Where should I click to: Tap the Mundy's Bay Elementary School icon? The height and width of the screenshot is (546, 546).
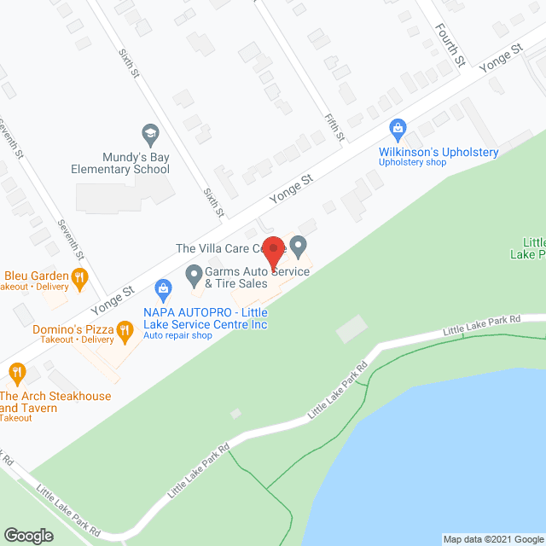pos(150,134)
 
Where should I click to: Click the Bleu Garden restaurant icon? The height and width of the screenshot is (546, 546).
pos(79,276)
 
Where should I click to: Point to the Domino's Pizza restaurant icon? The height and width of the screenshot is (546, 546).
pos(125,329)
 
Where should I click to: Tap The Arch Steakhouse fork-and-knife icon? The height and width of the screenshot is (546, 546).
pos(16,372)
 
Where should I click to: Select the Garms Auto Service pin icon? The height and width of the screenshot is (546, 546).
pos(194,275)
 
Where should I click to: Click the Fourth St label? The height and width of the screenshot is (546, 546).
pos(447,45)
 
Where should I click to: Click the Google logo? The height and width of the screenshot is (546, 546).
pos(28,536)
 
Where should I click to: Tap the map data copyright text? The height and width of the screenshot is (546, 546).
pos(492,539)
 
